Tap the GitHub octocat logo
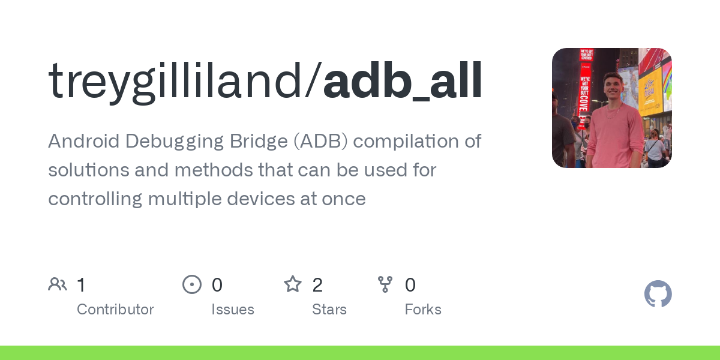[x=658, y=294]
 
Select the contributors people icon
[x=58, y=284]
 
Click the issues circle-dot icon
[x=191, y=284]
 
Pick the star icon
[x=293, y=284]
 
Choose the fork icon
[x=385, y=284]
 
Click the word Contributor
[x=115, y=310]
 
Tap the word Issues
[x=233, y=310]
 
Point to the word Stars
[x=329, y=310]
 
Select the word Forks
[x=423, y=310]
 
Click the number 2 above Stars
[x=317, y=285]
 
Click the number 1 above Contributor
[x=82, y=285]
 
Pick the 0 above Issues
[x=217, y=285]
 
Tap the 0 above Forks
[x=410, y=285]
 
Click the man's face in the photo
[x=613, y=88]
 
